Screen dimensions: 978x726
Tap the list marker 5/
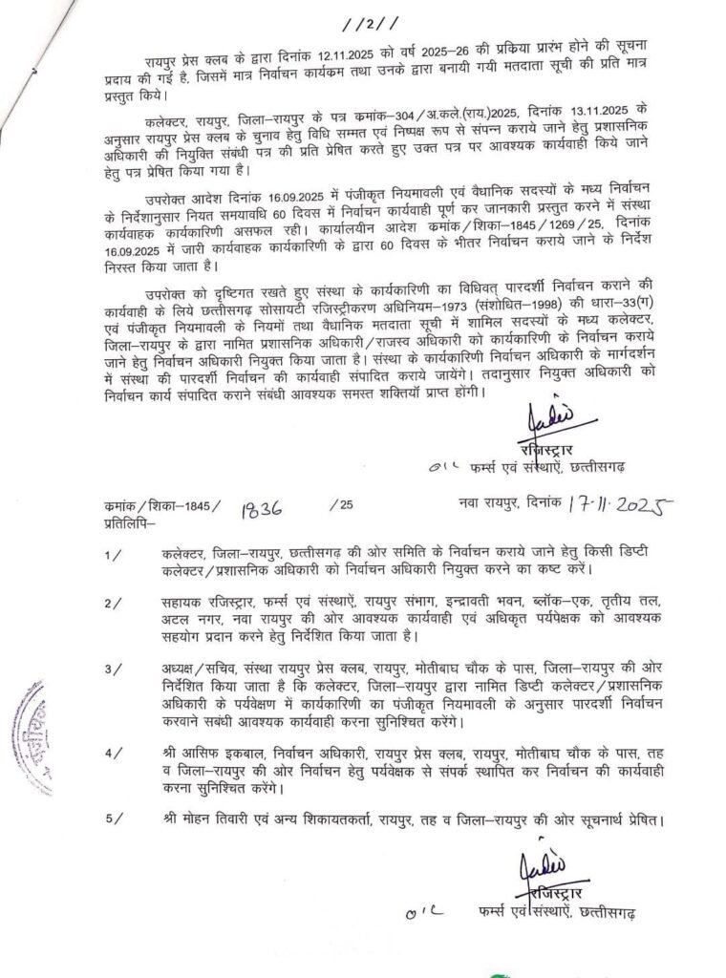click(x=114, y=819)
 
